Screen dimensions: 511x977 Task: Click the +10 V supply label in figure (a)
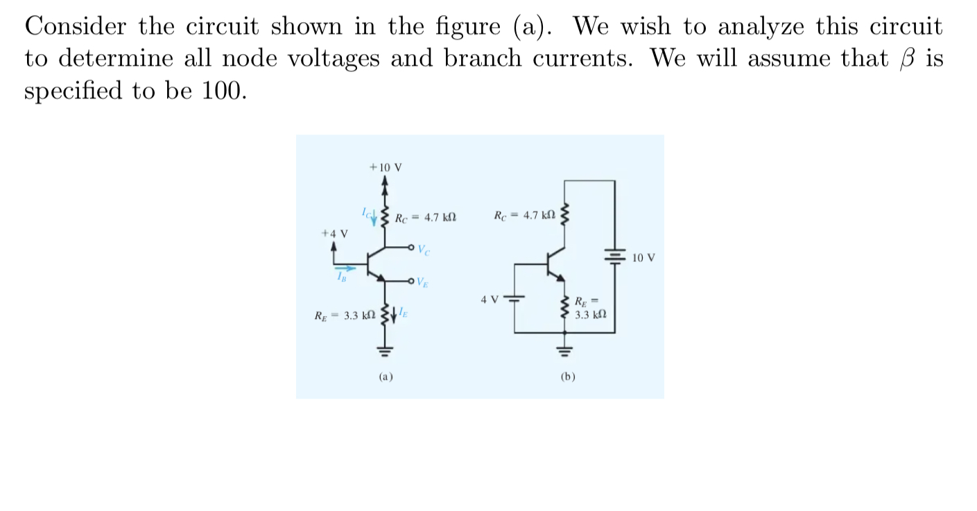point(386,168)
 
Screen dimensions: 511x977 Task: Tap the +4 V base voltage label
point(334,234)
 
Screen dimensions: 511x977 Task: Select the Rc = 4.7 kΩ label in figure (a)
point(425,218)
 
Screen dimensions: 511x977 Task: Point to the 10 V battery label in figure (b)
point(644,258)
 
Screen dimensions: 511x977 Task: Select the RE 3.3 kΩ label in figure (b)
point(591,308)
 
